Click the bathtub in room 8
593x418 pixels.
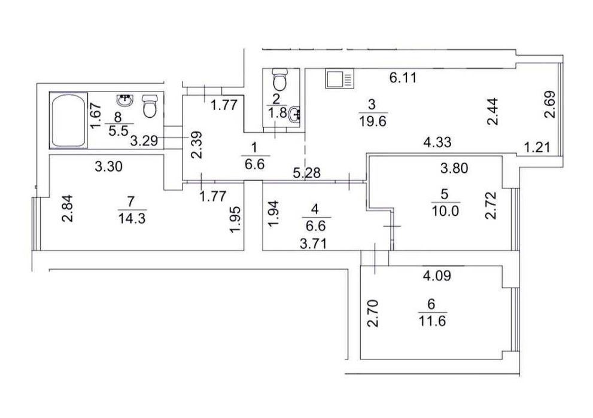69,120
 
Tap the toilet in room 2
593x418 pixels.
280,78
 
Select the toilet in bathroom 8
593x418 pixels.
150,106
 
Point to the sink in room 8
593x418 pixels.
125,100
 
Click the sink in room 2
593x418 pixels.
294,115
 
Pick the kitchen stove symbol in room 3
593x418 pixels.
340,78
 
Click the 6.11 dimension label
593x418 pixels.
403,78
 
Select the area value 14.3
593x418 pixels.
132,218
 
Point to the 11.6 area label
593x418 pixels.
432,321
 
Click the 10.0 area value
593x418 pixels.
445,210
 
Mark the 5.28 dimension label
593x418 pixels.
307,173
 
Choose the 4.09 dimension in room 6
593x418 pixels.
437,276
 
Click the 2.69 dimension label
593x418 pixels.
551,105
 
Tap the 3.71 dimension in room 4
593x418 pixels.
313,244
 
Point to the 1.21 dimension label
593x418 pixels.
537,147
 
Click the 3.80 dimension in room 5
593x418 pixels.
454,167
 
